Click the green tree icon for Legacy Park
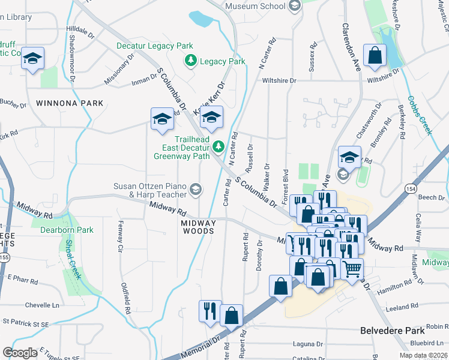(191, 61)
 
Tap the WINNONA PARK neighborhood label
(70, 103)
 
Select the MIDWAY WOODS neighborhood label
(198, 226)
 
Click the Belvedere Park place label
(393, 331)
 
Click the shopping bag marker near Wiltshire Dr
(375, 56)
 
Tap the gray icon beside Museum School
(294, 7)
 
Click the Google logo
(20, 352)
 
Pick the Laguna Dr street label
(308, 344)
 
